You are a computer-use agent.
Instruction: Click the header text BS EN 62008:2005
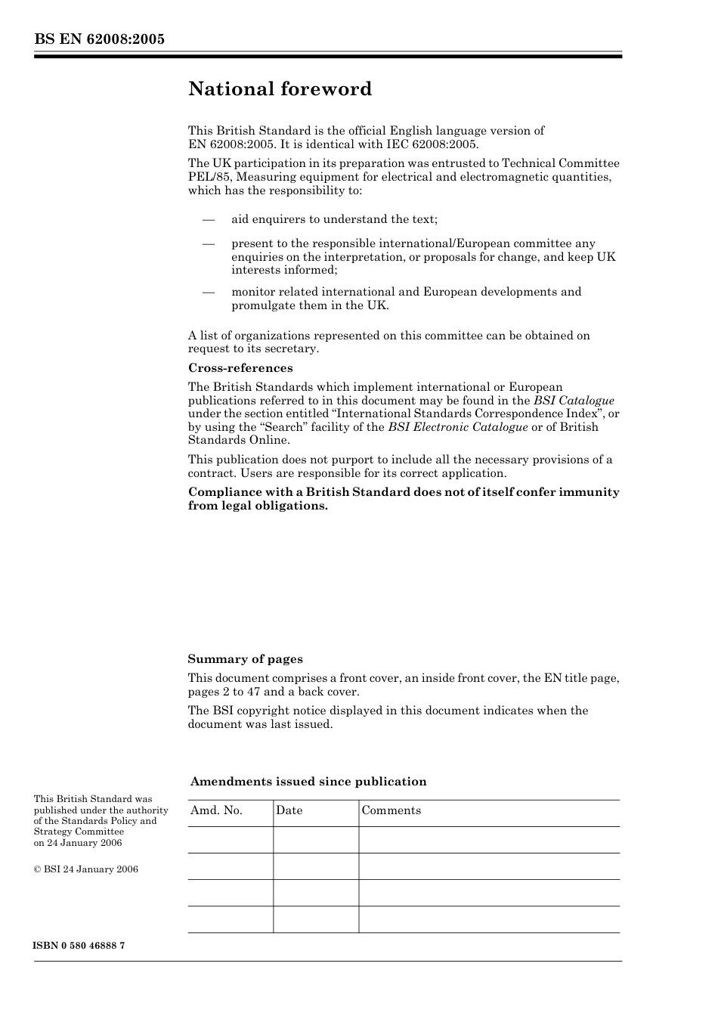pyautogui.click(x=99, y=39)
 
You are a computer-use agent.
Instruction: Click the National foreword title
pyautogui.click(x=280, y=89)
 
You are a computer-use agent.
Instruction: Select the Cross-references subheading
pyautogui.click(x=240, y=368)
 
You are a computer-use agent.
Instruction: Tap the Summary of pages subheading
pyautogui.click(x=245, y=659)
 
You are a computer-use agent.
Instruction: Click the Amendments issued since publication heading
pyautogui.click(x=308, y=782)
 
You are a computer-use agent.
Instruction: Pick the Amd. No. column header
pyautogui.click(x=216, y=810)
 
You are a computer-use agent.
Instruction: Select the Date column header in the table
pyautogui.click(x=289, y=810)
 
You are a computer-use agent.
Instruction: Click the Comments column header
pyautogui.click(x=391, y=810)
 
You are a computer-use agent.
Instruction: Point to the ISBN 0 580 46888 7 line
pyautogui.click(x=79, y=946)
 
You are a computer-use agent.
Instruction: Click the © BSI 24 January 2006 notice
pyautogui.click(x=85, y=869)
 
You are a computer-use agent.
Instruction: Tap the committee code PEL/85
pyautogui.click(x=206, y=177)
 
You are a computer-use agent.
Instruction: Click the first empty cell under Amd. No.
pyautogui.click(x=230, y=840)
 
